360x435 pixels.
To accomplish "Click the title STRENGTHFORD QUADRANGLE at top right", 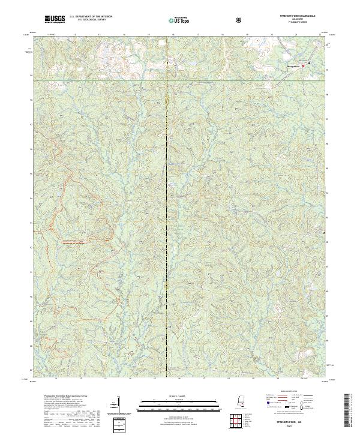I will click(x=305, y=16).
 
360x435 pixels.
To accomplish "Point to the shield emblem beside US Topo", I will click(x=240, y=20).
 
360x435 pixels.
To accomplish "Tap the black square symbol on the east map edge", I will click(x=325, y=232).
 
